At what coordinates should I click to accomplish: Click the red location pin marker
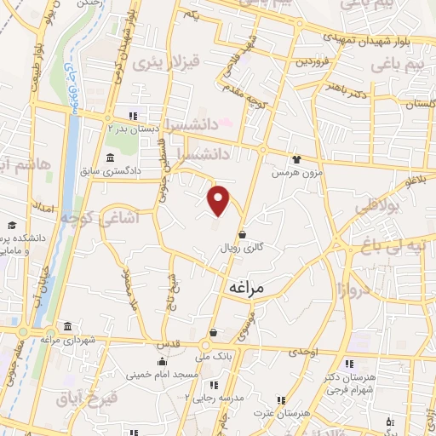[x=220, y=201]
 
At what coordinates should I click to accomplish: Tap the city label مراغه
[x=247, y=289]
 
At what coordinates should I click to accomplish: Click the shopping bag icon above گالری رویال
[x=243, y=234]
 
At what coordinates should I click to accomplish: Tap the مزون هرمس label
[x=288, y=172]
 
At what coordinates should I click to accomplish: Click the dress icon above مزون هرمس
[x=296, y=158]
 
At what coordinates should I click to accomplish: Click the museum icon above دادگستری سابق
[x=111, y=158]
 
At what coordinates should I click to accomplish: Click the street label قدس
[x=166, y=344]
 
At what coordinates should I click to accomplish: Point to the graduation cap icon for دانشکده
[x=12, y=225]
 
